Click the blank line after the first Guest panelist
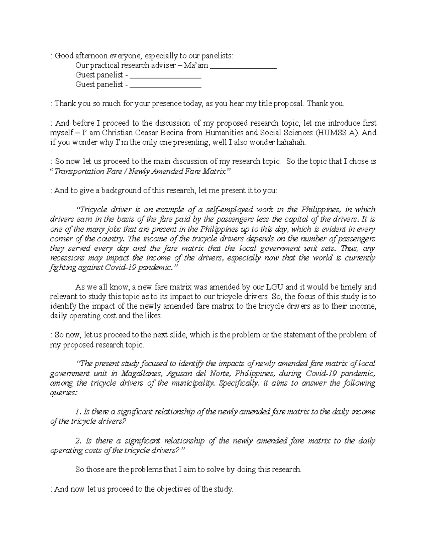[x=166, y=75]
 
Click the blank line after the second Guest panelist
[x=166, y=85]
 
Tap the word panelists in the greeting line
[x=217, y=56]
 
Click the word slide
[x=177, y=335]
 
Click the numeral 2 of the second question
[x=79, y=441]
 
